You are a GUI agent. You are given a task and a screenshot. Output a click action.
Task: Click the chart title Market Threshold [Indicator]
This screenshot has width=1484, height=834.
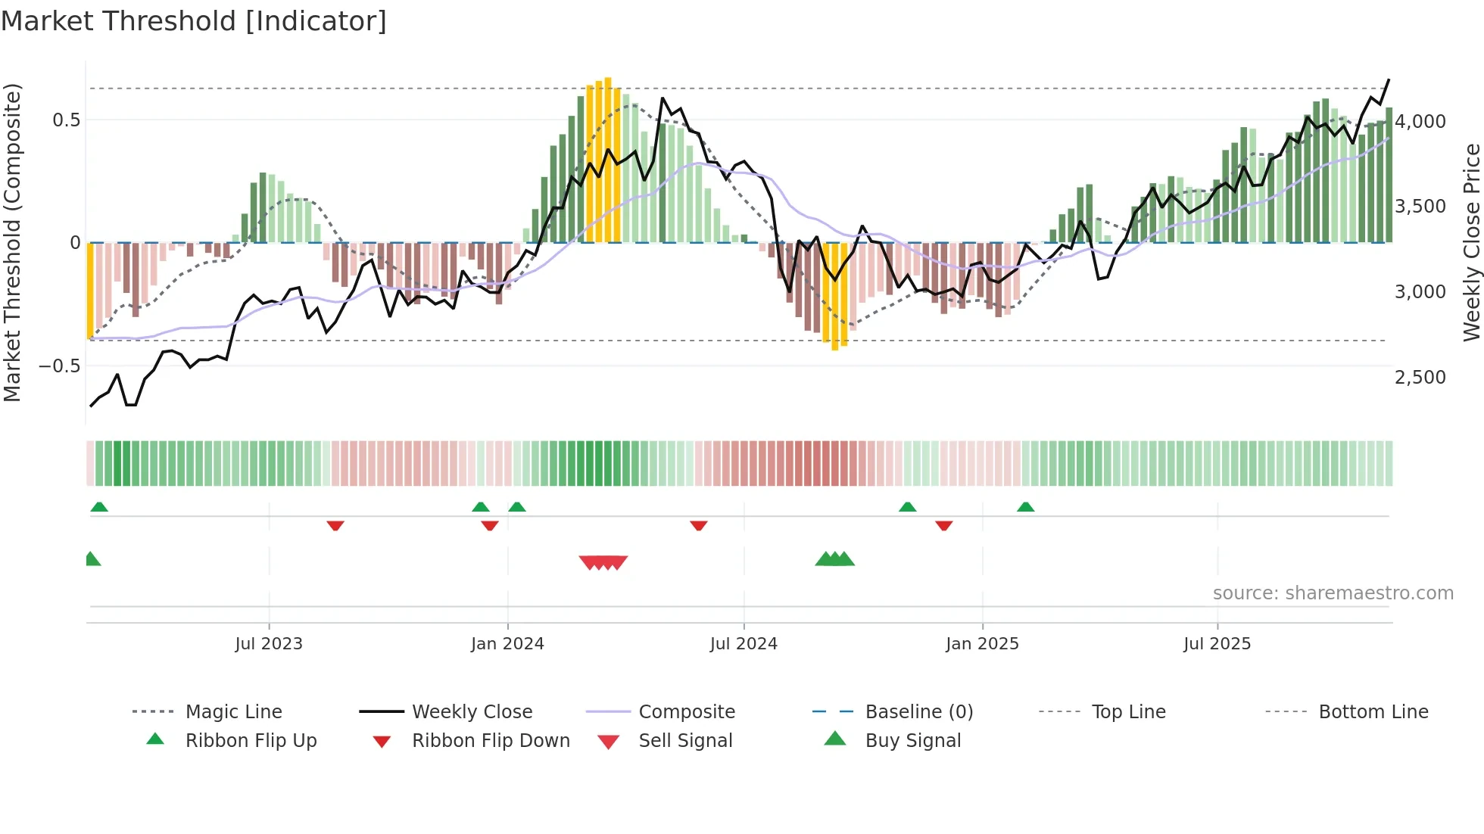[x=194, y=21]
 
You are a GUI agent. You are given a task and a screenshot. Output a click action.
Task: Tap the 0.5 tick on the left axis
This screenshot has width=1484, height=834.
[x=67, y=120]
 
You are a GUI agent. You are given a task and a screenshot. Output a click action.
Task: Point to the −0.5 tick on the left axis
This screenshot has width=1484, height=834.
[x=60, y=366]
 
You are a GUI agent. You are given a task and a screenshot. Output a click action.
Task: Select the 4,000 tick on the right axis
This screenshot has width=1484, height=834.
[x=1420, y=122]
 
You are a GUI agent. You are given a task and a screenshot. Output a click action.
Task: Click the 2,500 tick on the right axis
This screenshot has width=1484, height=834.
[x=1420, y=377]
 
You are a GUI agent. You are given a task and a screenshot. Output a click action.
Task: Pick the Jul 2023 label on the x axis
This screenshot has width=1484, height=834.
[x=269, y=644]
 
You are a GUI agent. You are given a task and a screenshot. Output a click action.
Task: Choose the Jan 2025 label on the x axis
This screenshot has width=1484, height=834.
[x=982, y=644]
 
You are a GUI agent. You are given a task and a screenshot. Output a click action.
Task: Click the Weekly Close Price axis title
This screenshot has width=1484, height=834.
[x=1471, y=242]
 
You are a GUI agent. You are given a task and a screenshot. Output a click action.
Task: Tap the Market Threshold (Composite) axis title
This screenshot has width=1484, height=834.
[x=13, y=242]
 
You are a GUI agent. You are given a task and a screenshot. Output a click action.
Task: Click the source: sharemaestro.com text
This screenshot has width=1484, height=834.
[x=1333, y=593]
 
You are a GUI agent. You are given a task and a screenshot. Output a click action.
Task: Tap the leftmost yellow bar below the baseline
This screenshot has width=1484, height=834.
[x=90, y=291]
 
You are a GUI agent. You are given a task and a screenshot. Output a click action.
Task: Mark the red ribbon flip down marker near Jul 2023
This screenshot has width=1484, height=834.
[x=335, y=525]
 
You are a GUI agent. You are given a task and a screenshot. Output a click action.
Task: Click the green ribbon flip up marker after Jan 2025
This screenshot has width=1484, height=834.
[x=1025, y=507]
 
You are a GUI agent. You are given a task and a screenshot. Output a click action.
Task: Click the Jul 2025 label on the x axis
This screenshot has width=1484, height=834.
[x=1217, y=644]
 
